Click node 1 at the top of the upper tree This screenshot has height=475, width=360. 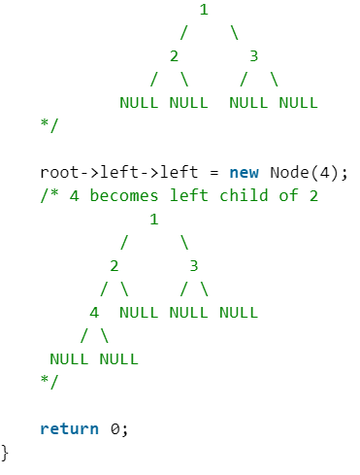tap(204, 11)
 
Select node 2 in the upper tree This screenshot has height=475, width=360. tap(174, 55)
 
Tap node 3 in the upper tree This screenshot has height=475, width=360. tap(254, 55)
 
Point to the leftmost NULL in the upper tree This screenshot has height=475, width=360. tap(140, 101)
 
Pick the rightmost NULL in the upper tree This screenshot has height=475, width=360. tap(298, 101)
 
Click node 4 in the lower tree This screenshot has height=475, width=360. tap(94, 312)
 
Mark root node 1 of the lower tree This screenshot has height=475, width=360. tap(153, 219)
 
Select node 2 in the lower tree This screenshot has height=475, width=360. tap(114, 265)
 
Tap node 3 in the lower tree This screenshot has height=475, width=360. tap(194, 265)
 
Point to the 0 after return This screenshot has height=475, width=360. tap(115, 428)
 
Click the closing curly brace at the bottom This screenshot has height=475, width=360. tap(6, 452)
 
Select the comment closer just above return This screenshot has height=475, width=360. tap(49, 382)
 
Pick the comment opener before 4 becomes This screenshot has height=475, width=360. tap(49, 195)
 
